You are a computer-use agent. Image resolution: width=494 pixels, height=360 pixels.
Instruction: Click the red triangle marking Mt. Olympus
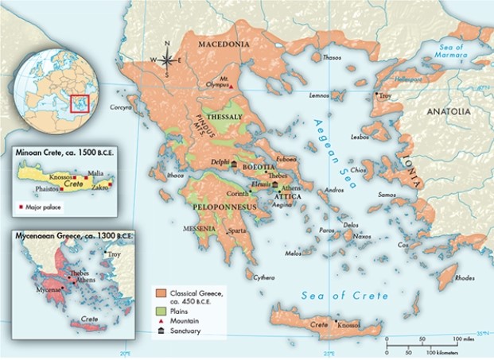(x=231, y=86)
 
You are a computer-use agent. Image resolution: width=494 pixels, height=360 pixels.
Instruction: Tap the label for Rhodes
(x=465, y=277)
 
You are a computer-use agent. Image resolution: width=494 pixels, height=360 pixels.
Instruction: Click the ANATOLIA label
(x=449, y=112)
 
